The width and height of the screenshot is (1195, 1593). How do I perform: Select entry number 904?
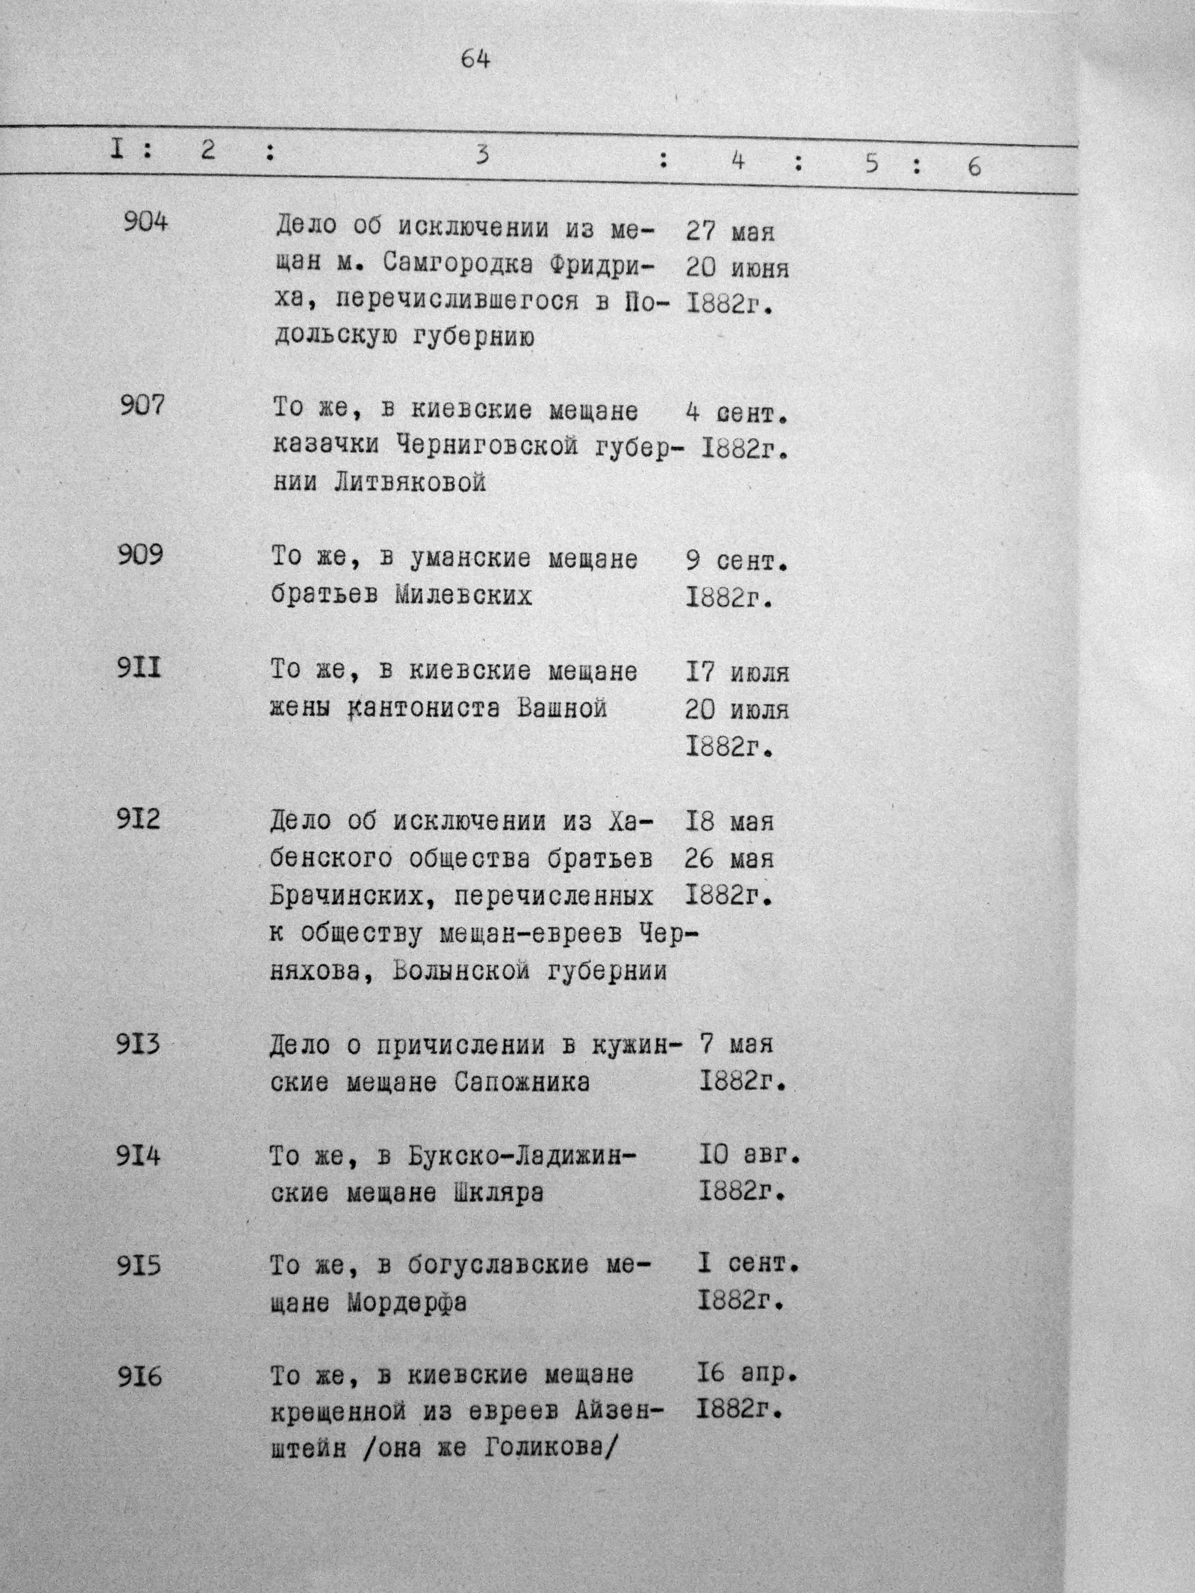[145, 221]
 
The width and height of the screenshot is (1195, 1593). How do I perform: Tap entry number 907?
[142, 406]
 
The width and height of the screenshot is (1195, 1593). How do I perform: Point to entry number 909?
[140, 555]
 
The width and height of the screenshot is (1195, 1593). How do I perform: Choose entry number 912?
[138, 819]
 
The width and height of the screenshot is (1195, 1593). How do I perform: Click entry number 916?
[140, 1377]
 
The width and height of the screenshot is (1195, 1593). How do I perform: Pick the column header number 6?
[974, 167]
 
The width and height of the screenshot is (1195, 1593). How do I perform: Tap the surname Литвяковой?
[410, 482]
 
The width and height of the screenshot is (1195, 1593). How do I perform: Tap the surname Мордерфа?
[406, 1304]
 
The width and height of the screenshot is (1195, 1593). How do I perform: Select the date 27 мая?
[729, 232]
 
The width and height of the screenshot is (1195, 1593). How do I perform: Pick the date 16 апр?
[747, 1374]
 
